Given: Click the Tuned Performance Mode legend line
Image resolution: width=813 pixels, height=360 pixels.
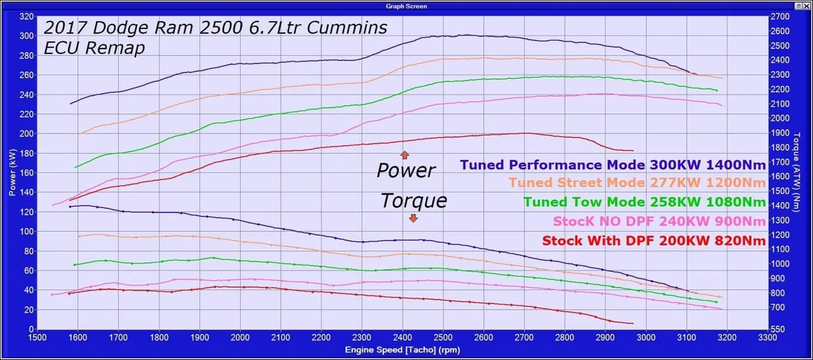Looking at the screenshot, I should coord(613,165).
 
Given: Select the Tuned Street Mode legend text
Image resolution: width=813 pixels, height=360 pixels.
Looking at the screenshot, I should coord(638,183).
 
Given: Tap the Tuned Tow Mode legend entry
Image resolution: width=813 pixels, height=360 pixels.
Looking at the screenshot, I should coord(645,202).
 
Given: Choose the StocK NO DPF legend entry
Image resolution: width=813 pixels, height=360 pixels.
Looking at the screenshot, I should coord(659,221).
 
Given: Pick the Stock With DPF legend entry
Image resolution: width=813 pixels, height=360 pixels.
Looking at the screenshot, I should coord(654,241).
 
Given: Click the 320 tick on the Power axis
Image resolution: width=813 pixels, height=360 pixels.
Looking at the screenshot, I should coord(26,17).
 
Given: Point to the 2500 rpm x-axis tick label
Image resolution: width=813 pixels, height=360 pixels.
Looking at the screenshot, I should coord(443,338).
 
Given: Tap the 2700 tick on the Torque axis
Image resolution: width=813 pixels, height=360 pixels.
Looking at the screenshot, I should coord(780,17).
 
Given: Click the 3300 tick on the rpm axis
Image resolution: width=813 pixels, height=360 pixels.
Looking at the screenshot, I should coord(767,338).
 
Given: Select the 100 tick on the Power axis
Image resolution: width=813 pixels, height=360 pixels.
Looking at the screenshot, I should coord(26,232).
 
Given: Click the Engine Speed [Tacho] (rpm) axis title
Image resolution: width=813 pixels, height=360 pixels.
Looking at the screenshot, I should coord(402,350).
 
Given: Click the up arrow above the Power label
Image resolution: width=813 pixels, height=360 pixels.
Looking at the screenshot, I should coord(405,154).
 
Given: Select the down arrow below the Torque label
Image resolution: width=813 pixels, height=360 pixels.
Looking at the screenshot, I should coord(413,218).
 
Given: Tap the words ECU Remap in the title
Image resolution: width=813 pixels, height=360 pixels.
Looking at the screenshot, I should coord(94,48).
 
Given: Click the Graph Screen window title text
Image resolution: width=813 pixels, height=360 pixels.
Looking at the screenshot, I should coord(406,6).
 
